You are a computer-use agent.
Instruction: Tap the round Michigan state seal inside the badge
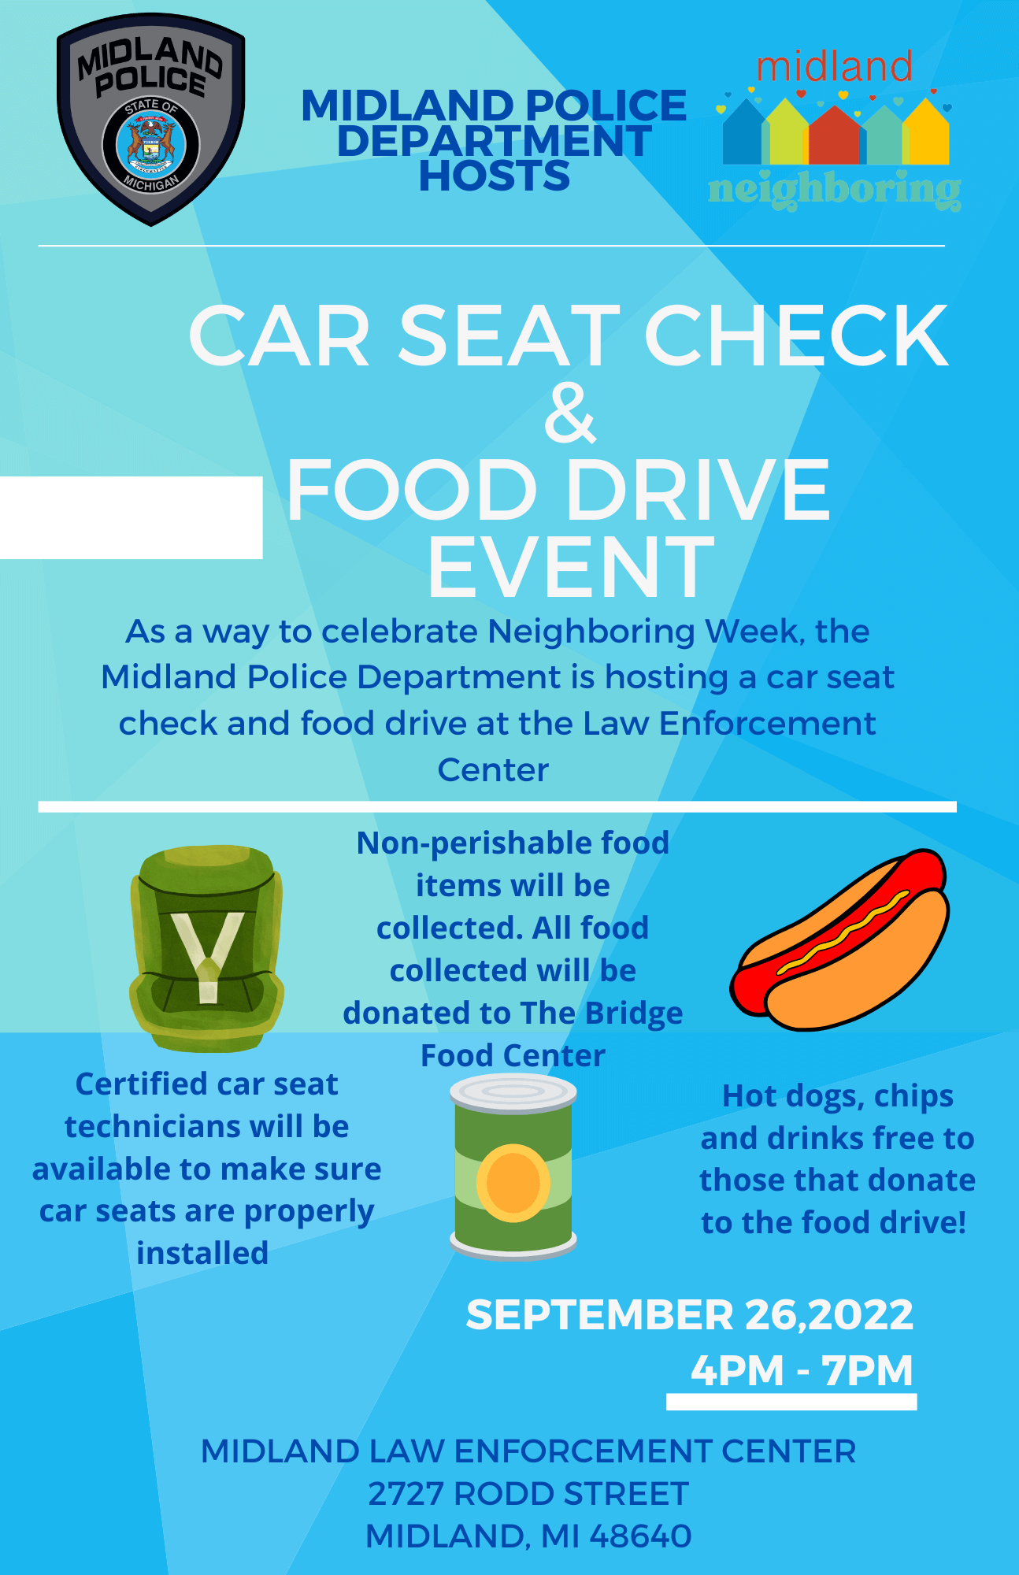pyautogui.click(x=150, y=146)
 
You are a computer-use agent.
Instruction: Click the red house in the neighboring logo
pyautogui.click(x=835, y=135)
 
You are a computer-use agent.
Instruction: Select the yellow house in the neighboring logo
pyautogui.click(x=926, y=132)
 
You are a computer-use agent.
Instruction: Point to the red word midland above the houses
pyautogui.click(x=835, y=68)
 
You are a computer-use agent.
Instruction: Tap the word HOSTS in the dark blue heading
pyautogui.click(x=495, y=176)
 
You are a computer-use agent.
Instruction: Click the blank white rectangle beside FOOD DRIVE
pyautogui.click(x=131, y=517)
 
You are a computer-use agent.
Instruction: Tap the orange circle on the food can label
pyautogui.click(x=513, y=1183)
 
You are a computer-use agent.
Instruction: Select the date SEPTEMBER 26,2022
pyautogui.click(x=690, y=1315)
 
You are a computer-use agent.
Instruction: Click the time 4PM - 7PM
pyautogui.click(x=802, y=1371)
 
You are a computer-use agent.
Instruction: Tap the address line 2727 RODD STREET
pyautogui.click(x=528, y=1494)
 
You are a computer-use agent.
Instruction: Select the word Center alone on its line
pyautogui.click(x=493, y=770)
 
